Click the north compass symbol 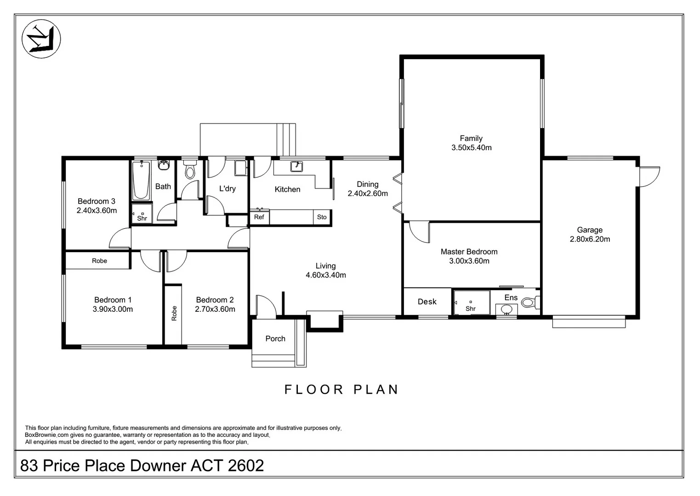click(x=41, y=39)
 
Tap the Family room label click(x=471, y=138)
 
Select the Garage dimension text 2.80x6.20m click(x=590, y=239)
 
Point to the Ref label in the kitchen click(x=259, y=217)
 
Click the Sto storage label click(x=322, y=217)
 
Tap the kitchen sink click(x=296, y=166)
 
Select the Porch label click(x=275, y=338)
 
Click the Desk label click(x=427, y=302)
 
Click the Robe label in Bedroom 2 click(x=174, y=313)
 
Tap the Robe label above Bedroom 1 click(x=99, y=261)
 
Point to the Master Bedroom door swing click(x=419, y=232)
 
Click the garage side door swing click(x=649, y=177)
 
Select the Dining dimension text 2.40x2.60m click(x=368, y=194)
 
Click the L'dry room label click(x=227, y=189)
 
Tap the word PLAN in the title click(x=376, y=389)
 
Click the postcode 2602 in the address click(x=246, y=465)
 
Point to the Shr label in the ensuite click(x=471, y=309)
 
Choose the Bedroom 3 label click(x=97, y=202)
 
